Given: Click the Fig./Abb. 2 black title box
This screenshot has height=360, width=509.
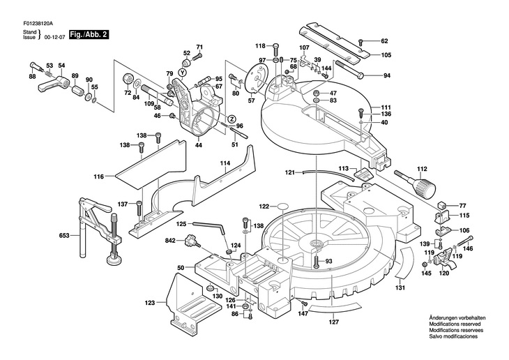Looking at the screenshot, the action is coord(89,35).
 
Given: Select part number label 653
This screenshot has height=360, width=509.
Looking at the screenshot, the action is coord(64,235).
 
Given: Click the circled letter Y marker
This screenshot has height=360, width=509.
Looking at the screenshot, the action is coord(183,72).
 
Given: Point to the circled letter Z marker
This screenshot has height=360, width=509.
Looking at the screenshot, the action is coord(231,119).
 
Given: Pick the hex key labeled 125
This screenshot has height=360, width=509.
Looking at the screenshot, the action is coord(209,227).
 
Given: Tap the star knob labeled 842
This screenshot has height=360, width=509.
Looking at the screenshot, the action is coord(190,241).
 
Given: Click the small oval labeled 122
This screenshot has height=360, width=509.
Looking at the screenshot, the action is coord(283,207).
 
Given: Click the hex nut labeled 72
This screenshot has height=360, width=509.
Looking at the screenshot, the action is coord(127,79).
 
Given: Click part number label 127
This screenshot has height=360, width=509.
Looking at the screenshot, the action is coord(334,322).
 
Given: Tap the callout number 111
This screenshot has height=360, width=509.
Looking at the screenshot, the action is coord(386,107).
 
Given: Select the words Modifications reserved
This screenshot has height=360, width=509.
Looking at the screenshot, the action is coord(455,324).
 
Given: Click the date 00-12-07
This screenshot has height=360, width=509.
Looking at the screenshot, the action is coord(56,38).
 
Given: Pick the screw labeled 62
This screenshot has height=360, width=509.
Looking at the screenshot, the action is coord(360,43).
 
